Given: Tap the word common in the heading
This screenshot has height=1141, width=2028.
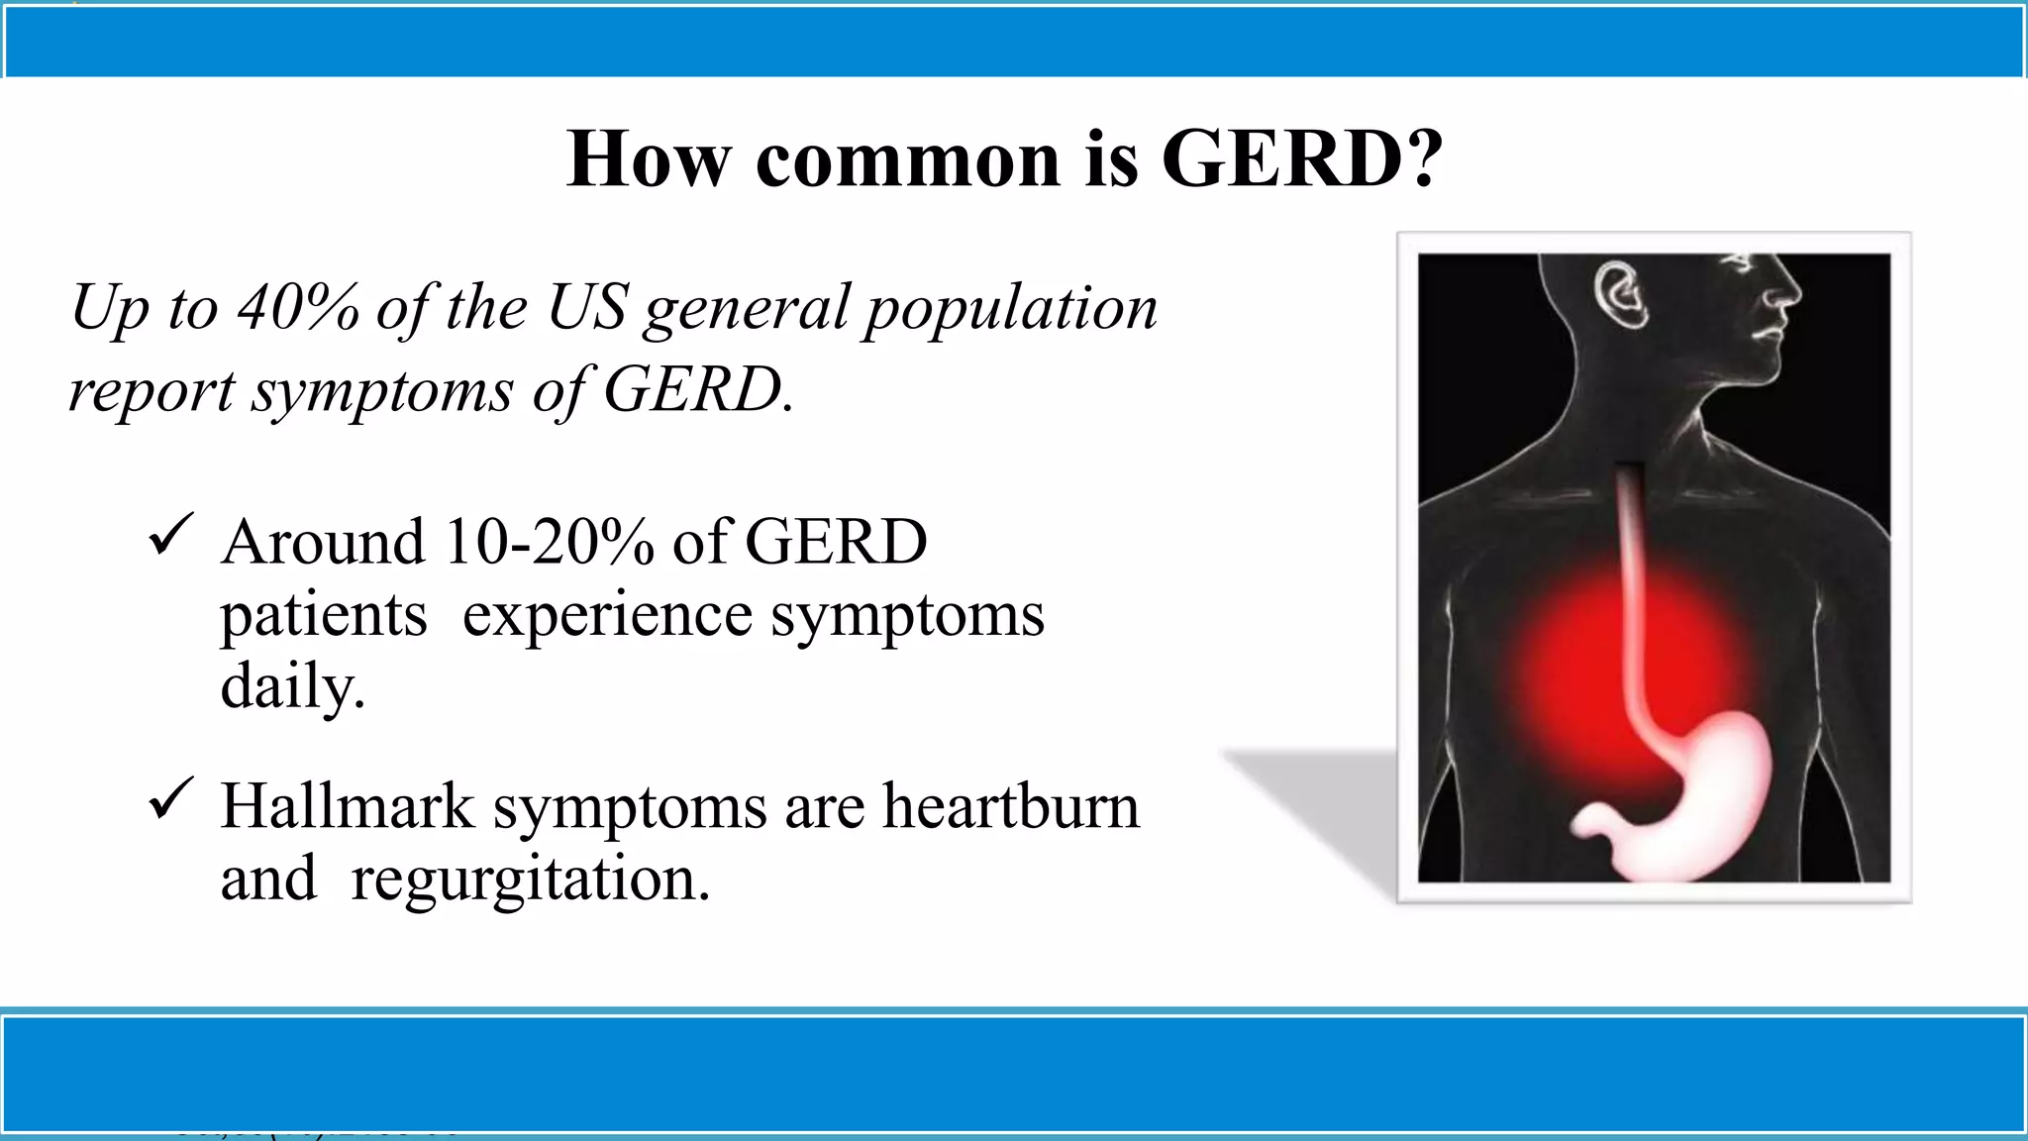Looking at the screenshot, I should (x=907, y=160).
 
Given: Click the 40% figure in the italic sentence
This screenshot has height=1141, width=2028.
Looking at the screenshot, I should (x=298, y=308).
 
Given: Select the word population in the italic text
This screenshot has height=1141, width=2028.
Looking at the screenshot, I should (x=1011, y=308).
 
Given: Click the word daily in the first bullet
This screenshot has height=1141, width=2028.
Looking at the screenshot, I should (x=292, y=686).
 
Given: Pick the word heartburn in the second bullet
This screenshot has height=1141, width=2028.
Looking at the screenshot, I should (x=1011, y=806).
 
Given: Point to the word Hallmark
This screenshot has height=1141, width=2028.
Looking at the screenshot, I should (x=348, y=806).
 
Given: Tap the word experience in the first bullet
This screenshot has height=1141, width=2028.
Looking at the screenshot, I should (x=607, y=616).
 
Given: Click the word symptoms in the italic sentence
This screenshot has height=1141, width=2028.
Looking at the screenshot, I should (x=382, y=391).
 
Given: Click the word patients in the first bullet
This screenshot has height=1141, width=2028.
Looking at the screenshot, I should (x=324, y=616).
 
